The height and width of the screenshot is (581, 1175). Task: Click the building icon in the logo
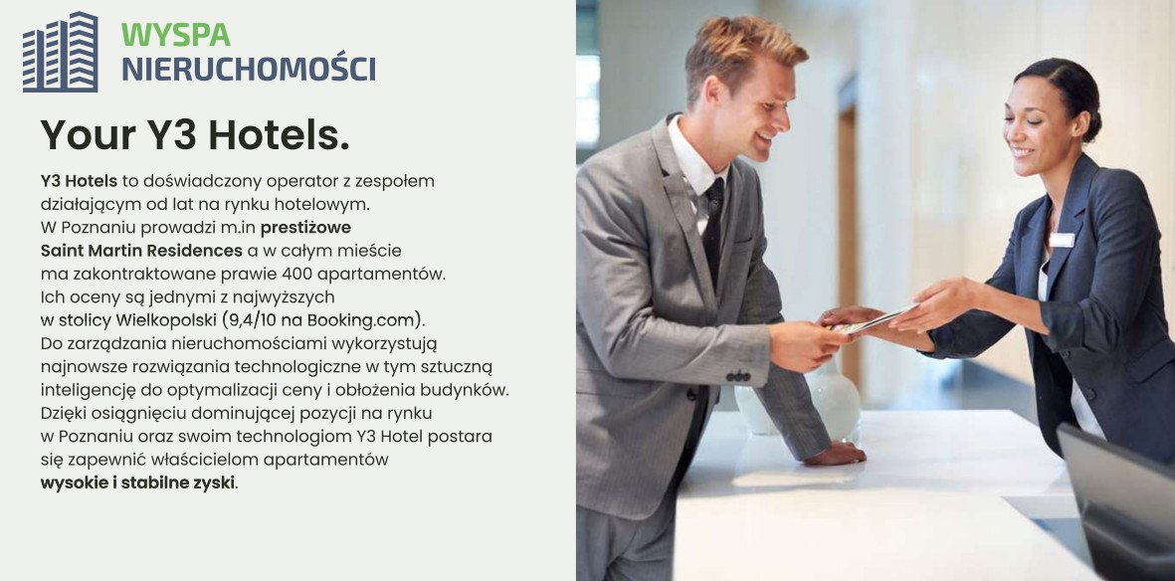pos(60,52)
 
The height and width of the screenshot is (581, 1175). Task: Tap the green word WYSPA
pos(176,35)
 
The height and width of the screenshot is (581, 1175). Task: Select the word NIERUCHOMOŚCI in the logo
pos(249,68)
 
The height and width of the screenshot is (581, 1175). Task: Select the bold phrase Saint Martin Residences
pos(141,251)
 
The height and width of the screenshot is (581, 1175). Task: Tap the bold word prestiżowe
pos(305,227)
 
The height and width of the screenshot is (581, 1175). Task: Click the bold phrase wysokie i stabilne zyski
pos(138,483)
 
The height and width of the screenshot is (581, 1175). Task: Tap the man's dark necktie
pos(712,229)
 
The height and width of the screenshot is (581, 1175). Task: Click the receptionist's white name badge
pos(1062,240)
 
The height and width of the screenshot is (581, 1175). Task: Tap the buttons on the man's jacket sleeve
pos(738,375)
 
